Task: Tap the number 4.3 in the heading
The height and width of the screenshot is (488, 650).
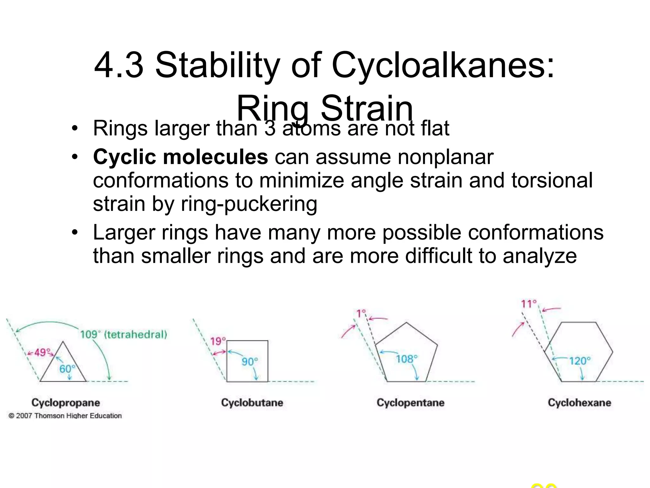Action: pos(119,66)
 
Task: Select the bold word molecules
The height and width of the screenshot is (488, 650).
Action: pos(215,157)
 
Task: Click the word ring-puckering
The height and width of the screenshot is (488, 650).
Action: pos(249,204)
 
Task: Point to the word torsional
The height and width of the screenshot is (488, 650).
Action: pos(552,180)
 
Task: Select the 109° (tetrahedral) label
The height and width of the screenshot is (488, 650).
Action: pos(123,335)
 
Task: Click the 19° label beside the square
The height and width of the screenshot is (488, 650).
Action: pos(218,341)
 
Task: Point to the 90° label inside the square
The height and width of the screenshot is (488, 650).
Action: pos(250,362)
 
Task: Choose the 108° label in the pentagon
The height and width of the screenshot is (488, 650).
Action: pos(407,359)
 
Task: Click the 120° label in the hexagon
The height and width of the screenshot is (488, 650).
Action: pos(580,361)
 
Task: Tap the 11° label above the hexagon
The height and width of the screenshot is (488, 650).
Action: pos(528,304)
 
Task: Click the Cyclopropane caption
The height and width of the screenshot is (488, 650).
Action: pos(66,403)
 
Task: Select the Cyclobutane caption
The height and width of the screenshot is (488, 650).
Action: pos(252,403)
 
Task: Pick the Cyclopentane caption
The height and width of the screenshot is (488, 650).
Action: pos(410,403)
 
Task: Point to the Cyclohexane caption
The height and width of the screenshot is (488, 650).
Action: pos(579,403)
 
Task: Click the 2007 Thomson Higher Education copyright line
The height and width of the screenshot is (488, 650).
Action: pos(65,416)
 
